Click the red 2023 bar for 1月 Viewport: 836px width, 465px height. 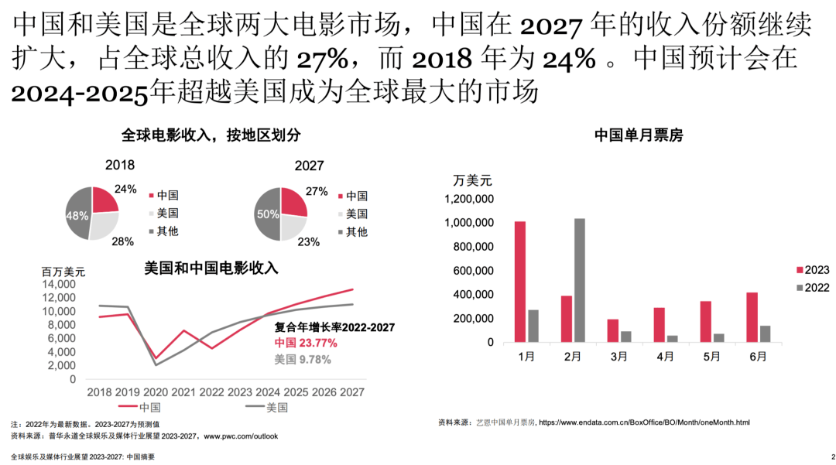(520, 282)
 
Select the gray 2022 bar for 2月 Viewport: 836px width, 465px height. (580, 280)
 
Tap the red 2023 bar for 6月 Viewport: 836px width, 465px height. (752, 317)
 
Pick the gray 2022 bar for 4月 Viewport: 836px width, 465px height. (672, 338)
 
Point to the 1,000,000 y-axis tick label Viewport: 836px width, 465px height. (468, 223)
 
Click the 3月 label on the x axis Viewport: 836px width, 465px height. (619, 357)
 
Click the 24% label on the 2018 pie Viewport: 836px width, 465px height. (125, 189)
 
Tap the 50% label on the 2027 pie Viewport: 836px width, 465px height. (268, 214)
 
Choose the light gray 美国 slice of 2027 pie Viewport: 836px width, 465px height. (292, 226)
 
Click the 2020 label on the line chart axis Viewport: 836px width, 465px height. (156, 392)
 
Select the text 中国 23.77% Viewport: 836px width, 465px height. (306, 343)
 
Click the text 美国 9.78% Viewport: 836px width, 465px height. (303, 359)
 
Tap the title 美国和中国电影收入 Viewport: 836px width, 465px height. (211, 268)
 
